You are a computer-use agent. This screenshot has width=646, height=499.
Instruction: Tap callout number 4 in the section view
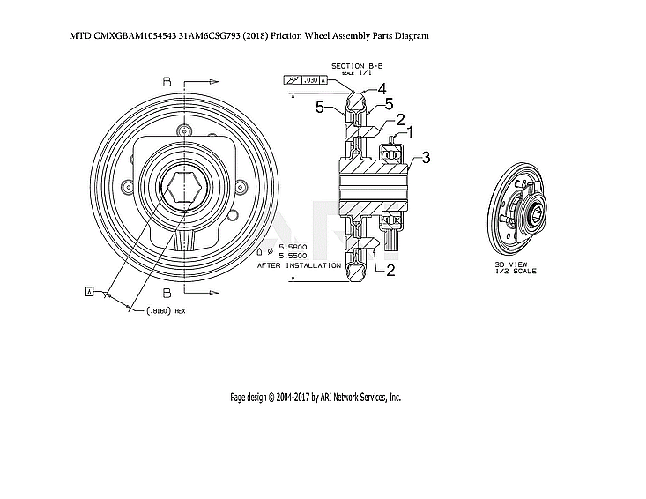[382, 89]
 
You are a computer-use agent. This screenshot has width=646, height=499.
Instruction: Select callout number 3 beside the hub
[426, 158]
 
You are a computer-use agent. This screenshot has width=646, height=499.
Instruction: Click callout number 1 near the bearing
[410, 132]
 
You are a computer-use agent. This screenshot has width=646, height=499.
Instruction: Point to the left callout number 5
[322, 107]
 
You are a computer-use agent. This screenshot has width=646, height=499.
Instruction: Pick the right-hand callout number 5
[389, 104]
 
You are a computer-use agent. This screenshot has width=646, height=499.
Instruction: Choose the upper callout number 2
[400, 120]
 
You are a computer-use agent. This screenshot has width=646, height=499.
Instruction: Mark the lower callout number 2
[390, 271]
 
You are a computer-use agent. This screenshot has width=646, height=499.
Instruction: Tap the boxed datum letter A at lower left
[90, 290]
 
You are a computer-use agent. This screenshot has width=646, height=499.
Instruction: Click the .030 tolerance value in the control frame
[310, 80]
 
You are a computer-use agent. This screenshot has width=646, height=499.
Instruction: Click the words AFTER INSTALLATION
[299, 264]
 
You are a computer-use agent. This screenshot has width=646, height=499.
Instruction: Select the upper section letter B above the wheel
[167, 81]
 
